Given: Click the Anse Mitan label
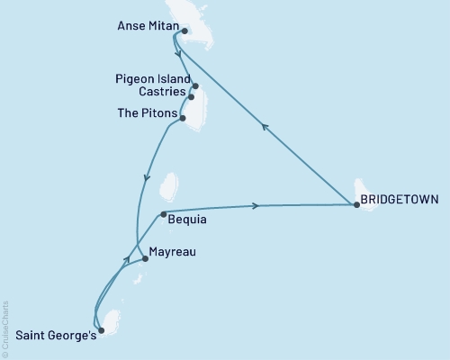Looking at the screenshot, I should tap(148, 28).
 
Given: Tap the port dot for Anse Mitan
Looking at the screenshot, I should tap(184, 31).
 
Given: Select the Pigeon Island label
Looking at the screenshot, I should tap(152, 79).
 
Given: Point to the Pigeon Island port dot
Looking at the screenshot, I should tap(195, 87).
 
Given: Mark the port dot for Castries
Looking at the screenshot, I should tap(191, 96).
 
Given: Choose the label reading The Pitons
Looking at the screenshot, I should tap(148, 114).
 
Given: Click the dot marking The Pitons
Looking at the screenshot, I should tap(183, 118).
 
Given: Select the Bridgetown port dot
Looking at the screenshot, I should tap(356, 205).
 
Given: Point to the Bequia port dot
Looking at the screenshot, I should tap(163, 214).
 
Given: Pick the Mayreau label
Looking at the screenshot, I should tap(171, 254).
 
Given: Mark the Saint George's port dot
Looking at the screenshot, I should tap(100, 330).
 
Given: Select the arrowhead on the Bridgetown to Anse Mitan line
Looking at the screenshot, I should tap(264, 127).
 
